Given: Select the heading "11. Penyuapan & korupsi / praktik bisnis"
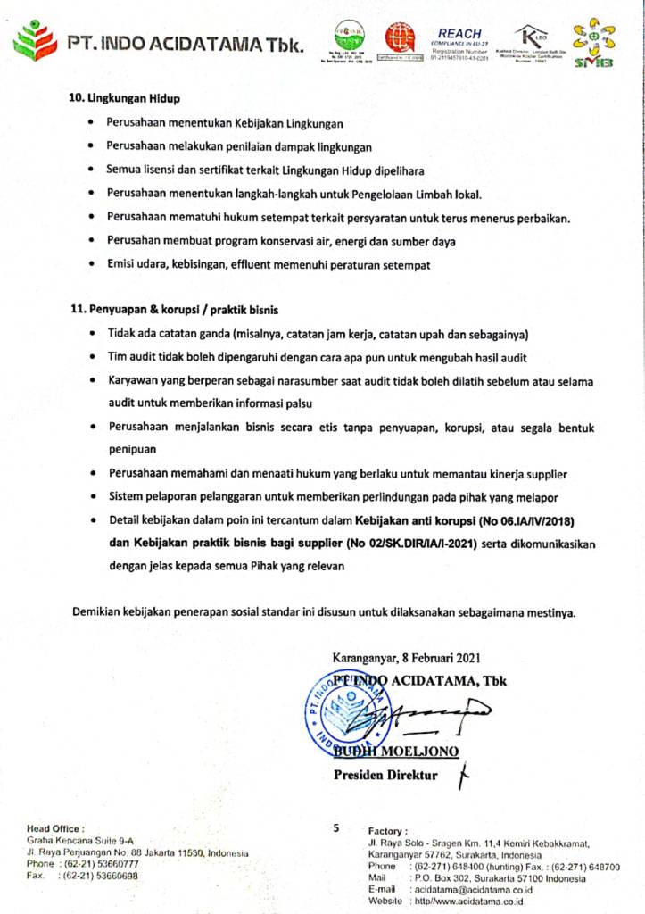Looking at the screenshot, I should [x=175, y=310].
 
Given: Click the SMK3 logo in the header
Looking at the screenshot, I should [x=594, y=45].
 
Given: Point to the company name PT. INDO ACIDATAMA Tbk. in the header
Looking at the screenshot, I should [x=185, y=43].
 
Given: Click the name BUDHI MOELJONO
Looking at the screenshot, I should [x=397, y=752].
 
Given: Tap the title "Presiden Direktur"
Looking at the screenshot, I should [x=385, y=775].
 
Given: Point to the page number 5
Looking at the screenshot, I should [x=336, y=827].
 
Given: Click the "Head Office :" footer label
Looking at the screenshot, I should [x=56, y=829].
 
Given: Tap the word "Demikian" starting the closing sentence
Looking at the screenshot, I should [x=99, y=612].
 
